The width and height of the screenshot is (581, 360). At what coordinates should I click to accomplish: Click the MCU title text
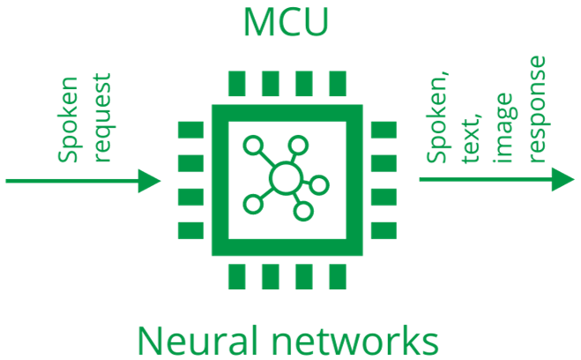(286, 23)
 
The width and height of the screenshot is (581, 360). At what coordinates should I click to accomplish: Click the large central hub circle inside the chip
(284, 179)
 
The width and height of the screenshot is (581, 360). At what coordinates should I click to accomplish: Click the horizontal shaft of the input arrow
(71, 182)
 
